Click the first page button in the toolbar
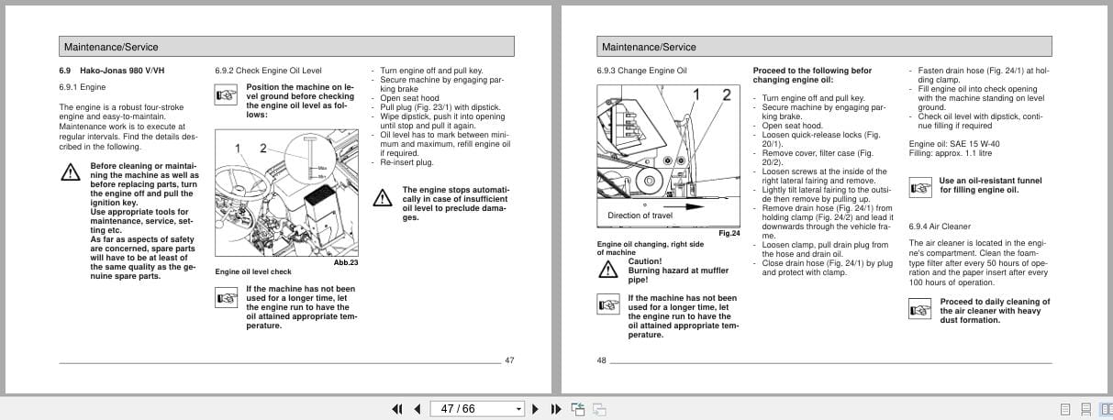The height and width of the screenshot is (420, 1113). click(398, 409)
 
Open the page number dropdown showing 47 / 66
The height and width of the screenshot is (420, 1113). click(518, 409)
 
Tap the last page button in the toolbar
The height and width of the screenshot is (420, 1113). click(555, 409)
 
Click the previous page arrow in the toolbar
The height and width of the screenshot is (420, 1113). click(417, 409)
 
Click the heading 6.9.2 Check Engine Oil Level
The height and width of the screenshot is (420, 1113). click(268, 71)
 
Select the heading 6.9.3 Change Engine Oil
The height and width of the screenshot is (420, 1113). click(642, 71)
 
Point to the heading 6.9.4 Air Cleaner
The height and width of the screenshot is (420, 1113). click(940, 227)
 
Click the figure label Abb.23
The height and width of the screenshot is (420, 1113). click(346, 263)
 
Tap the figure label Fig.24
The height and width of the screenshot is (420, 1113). click(729, 234)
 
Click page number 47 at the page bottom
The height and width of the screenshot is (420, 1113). click(509, 360)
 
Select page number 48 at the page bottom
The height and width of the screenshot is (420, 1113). click(602, 360)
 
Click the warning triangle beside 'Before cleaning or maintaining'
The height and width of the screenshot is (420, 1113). click(70, 171)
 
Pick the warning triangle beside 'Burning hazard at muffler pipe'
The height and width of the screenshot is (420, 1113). click(607, 269)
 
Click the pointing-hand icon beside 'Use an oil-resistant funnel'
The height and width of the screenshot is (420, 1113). click(919, 187)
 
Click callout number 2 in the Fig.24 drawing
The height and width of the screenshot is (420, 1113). click(726, 94)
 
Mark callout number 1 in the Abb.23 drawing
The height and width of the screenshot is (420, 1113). click(238, 149)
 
